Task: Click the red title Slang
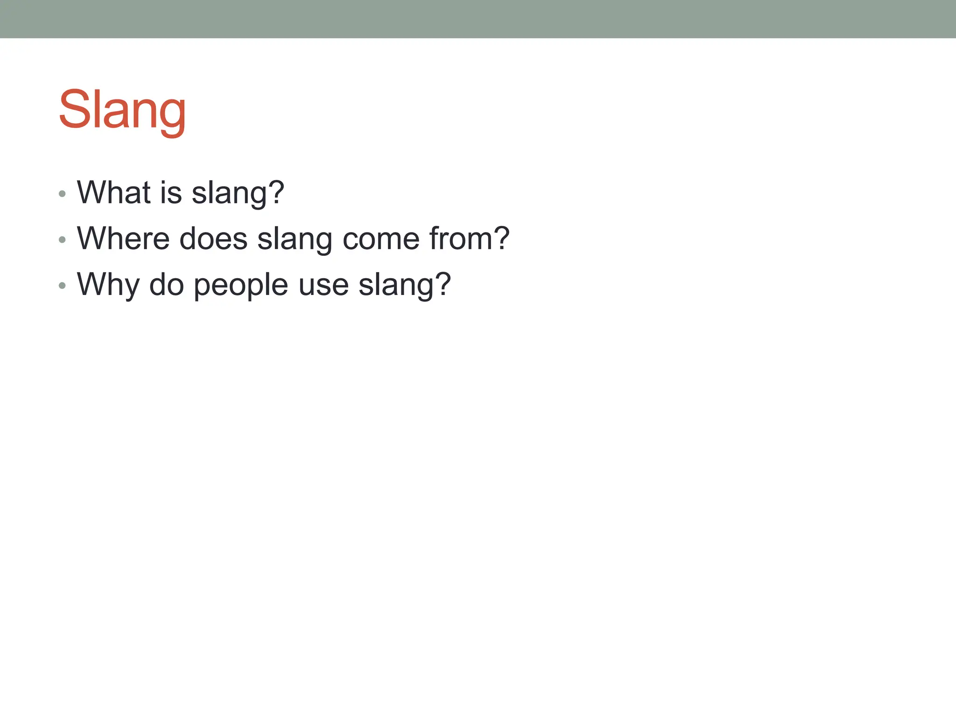point(122,110)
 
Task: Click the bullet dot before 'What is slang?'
point(62,194)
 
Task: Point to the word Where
point(123,239)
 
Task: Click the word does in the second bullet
point(213,239)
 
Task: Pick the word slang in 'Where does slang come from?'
point(295,239)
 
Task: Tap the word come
point(381,239)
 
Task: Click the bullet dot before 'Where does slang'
point(62,239)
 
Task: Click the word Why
point(108,285)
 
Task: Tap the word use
point(323,285)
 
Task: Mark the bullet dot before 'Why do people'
point(62,285)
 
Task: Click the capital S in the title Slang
point(74,109)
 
